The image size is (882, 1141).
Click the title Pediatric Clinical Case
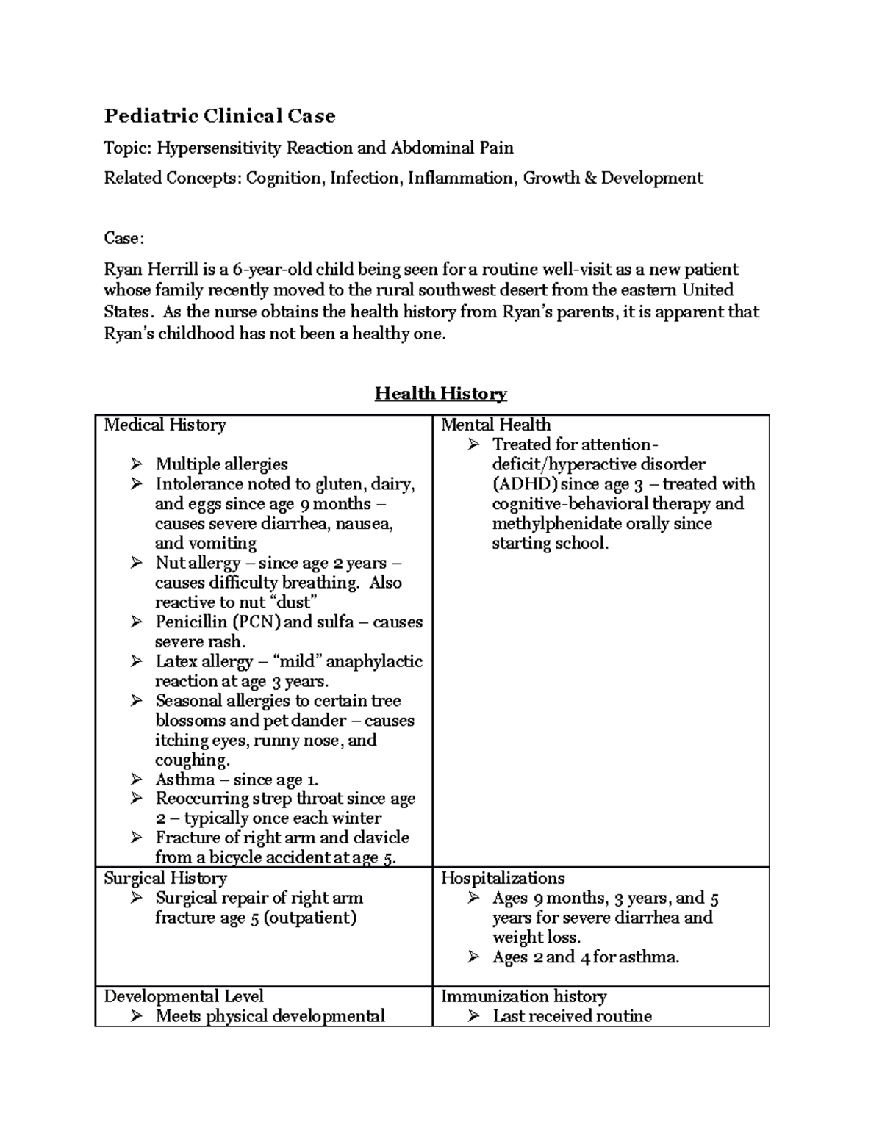coord(219,116)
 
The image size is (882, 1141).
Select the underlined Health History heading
coord(440,394)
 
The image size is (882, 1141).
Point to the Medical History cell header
coord(165,425)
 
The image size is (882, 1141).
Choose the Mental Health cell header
coord(495,425)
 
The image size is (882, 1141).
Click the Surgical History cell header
coord(165,878)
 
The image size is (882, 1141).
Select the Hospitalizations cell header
coord(503,878)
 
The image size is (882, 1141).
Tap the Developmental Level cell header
coord(183,996)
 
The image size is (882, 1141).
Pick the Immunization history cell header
coord(523,996)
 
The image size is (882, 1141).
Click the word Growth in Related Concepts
coord(551,179)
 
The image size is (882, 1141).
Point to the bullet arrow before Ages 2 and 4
coord(474,957)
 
